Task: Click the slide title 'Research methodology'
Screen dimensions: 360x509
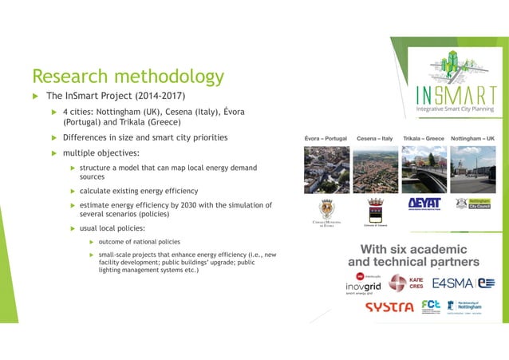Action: tap(128, 77)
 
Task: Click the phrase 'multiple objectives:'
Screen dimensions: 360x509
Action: tap(101, 152)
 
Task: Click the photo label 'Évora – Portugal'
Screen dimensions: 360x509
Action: tap(326, 138)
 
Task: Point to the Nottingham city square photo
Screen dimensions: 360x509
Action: tap(473, 168)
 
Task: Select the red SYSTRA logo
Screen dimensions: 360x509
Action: tap(389, 307)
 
